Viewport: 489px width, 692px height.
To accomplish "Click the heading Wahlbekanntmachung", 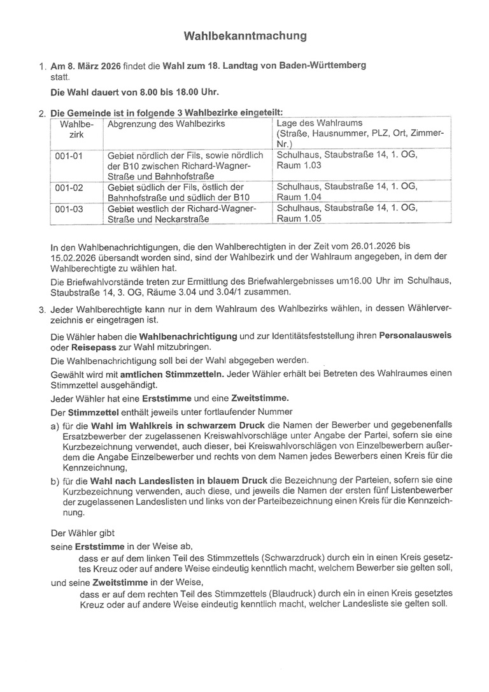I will (x=245, y=36).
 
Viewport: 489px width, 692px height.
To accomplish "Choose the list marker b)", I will (x=55, y=479).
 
